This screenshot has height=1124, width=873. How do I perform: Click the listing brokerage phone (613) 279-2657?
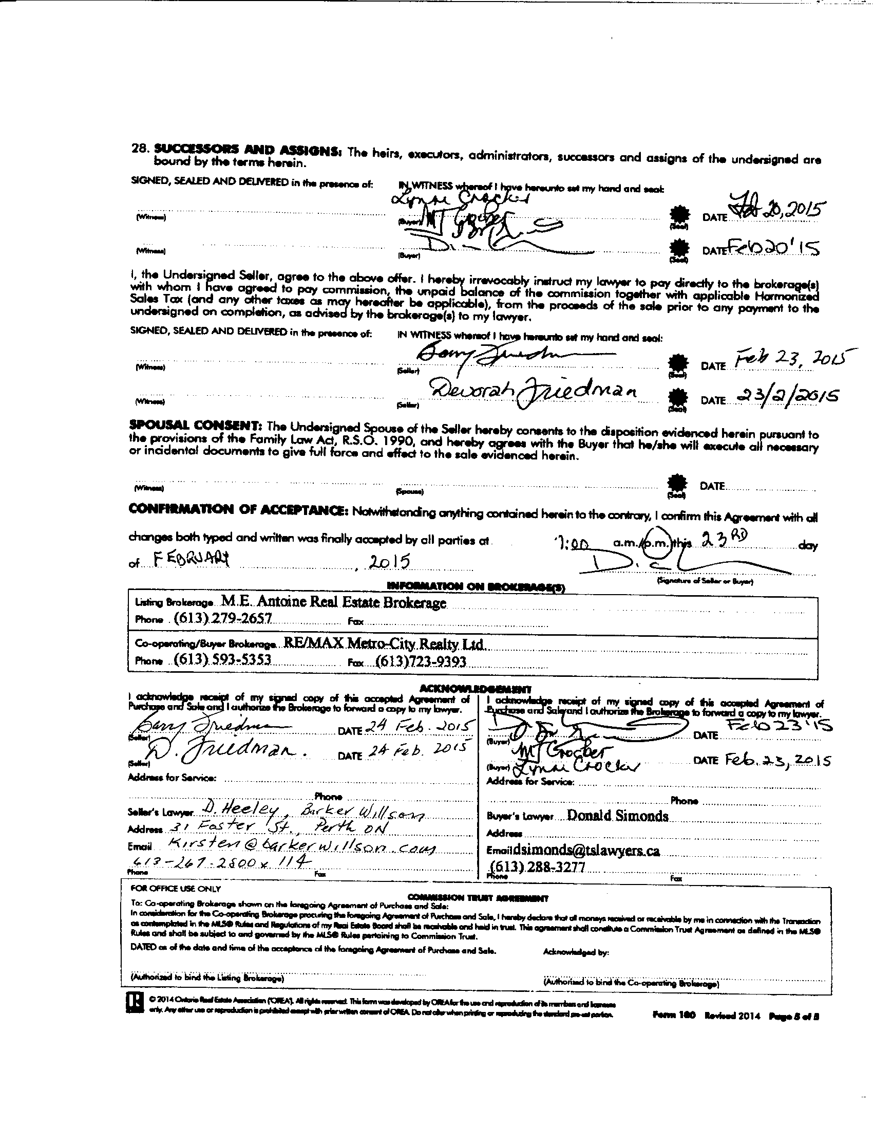tap(223, 618)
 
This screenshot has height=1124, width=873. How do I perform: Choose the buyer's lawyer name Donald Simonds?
tap(617, 816)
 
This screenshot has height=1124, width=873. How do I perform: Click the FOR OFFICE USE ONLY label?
tap(176, 888)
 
